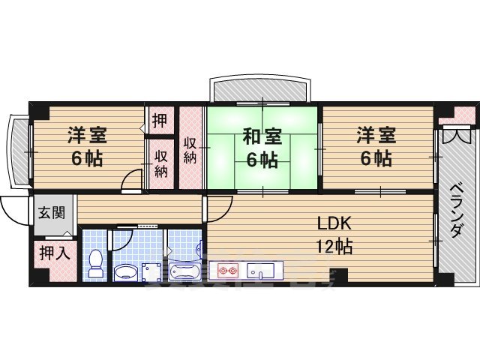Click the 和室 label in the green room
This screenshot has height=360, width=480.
[x=262, y=136]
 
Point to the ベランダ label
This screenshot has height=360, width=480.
[x=456, y=211]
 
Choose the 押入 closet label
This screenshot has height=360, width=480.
[x=54, y=252]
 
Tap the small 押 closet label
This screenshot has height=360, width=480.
[x=160, y=120]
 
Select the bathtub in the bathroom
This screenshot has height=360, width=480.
[x=183, y=271]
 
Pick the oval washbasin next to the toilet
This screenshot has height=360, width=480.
[x=126, y=271]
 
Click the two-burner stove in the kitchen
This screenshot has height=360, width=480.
[x=226, y=270]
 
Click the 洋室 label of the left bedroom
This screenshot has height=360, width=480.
[x=87, y=136]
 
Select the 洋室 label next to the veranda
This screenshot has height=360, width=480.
[x=376, y=136]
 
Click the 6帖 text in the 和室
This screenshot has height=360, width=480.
[x=262, y=159]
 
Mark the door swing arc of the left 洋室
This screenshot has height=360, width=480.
[x=133, y=181]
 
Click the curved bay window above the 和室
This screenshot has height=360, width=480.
[x=259, y=88]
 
